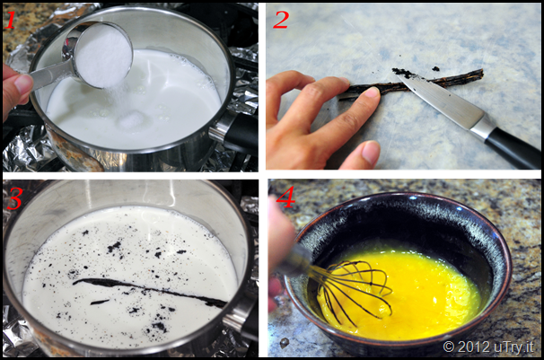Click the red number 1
click(11, 20)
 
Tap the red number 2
click(281, 20)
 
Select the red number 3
click(14, 199)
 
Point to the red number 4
click(285, 197)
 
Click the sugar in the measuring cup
click(103, 55)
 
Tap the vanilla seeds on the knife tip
click(403, 73)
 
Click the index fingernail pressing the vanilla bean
click(372, 92)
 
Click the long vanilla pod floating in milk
click(149, 290)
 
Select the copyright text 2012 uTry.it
click(488, 347)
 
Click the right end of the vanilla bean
click(481, 73)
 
